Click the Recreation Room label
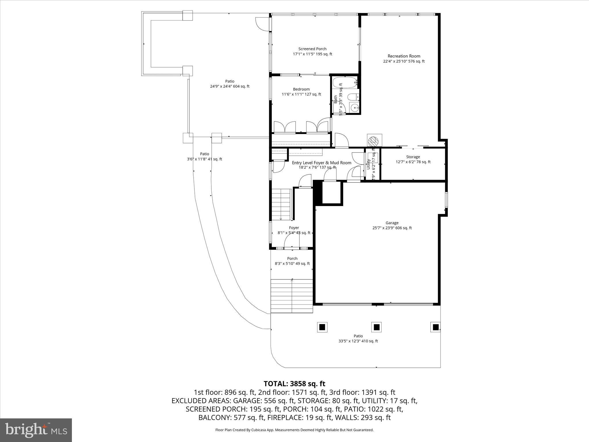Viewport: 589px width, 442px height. point(403,59)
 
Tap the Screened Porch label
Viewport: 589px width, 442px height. point(312,52)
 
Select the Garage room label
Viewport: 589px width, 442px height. point(392,225)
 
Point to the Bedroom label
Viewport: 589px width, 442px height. point(301,92)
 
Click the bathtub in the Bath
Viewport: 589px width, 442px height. point(345,83)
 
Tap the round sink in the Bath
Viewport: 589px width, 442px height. point(355,108)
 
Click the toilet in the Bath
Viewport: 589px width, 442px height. point(353,97)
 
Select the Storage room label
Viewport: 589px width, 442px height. point(413,159)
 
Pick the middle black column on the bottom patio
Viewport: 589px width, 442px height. point(376,327)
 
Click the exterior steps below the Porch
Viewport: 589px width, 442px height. point(292,296)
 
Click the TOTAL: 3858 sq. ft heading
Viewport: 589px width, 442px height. point(294,384)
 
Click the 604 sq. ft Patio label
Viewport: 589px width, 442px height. point(230,84)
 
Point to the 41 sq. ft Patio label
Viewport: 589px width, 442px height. point(204,157)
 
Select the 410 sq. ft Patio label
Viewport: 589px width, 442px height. point(358,338)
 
